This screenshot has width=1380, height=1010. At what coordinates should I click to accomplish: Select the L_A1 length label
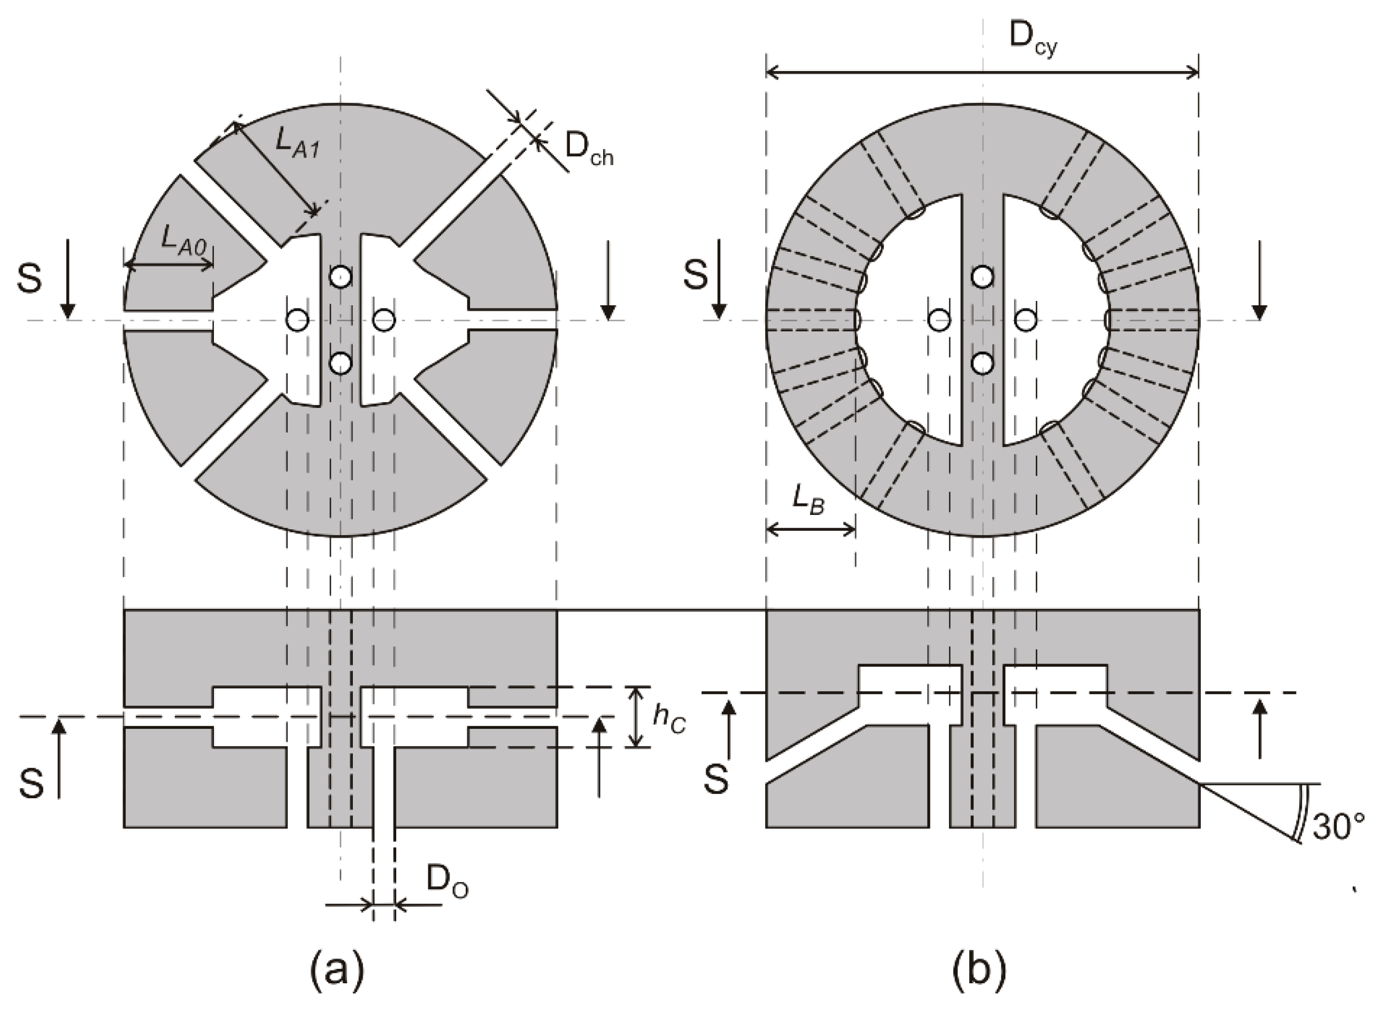click(x=297, y=144)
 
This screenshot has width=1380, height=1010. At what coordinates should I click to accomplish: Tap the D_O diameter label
click(x=448, y=882)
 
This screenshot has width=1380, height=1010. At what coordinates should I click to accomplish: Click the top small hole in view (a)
click(x=341, y=277)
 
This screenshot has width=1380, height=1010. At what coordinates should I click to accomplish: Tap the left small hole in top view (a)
click(x=298, y=320)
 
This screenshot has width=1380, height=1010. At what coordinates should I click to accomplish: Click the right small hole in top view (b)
click(x=1026, y=320)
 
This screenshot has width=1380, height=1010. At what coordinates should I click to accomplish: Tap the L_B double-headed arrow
click(x=810, y=529)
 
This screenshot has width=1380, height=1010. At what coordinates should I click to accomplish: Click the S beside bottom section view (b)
click(x=716, y=780)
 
